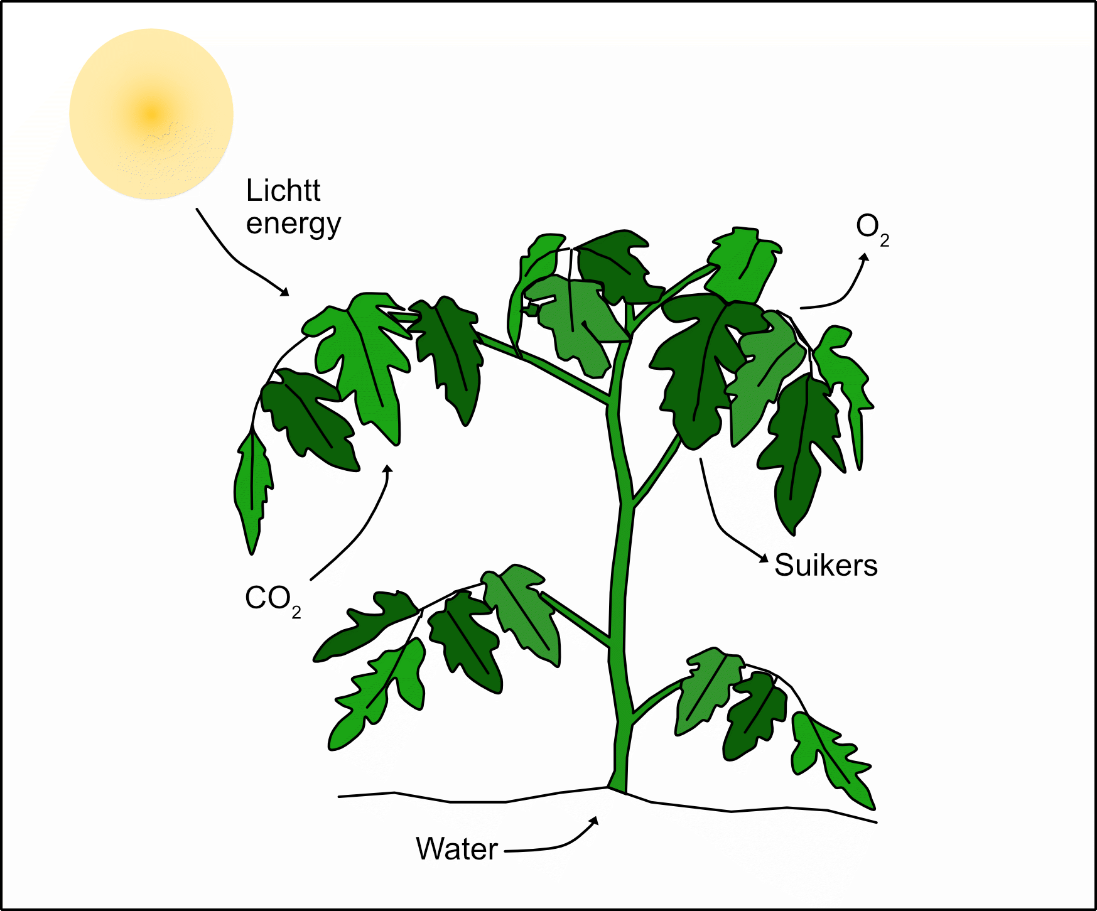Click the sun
click(x=151, y=114)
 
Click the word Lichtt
click(x=283, y=190)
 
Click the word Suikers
click(x=826, y=565)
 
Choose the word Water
click(x=457, y=849)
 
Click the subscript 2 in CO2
click(x=296, y=612)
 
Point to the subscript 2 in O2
click(x=884, y=240)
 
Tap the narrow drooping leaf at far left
click(x=252, y=490)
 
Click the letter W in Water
click(x=430, y=849)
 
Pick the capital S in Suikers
click(x=785, y=565)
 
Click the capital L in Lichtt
click(x=253, y=190)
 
